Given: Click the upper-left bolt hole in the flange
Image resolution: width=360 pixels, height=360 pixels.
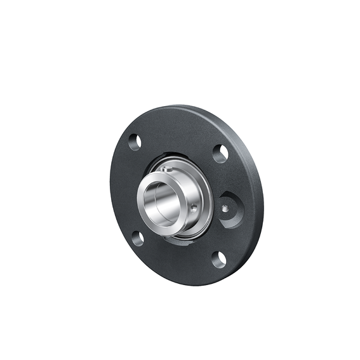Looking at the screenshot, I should pyautogui.click(x=134, y=142).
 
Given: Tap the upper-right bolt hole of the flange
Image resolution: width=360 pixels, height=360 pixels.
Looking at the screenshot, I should pyautogui.click(x=220, y=153).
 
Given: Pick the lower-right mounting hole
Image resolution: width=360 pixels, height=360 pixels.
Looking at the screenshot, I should pyautogui.click(x=218, y=258).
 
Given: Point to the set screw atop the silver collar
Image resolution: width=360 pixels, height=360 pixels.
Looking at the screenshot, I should pyautogui.click(x=166, y=169).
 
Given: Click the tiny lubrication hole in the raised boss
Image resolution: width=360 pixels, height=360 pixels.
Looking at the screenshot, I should pyautogui.click(x=224, y=208).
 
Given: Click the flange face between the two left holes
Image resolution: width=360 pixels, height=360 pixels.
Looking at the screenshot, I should pyautogui.click(x=124, y=190).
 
